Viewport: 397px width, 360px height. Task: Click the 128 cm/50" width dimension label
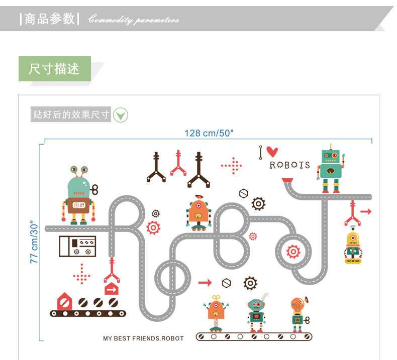pos(209,133)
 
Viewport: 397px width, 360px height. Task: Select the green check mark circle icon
pos(121,115)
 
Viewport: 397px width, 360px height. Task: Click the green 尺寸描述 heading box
pos(54,69)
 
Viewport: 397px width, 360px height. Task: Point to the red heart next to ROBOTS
pos(272,151)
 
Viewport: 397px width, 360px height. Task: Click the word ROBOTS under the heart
pos(289,165)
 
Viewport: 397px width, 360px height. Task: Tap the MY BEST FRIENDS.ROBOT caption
pos(143,338)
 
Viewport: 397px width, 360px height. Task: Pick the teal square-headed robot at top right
pos(331,168)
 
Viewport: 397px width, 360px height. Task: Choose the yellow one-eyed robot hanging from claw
pos(353,246)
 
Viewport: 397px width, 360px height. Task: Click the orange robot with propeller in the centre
pos(198,213)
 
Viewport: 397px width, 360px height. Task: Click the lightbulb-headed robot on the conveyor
pos(297,313)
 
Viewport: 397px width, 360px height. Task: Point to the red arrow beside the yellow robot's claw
pos(366,212)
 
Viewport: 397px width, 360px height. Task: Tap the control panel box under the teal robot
pos(77,247)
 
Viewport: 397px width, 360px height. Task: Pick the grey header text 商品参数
pos(49,19)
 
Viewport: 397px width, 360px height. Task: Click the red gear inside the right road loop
pos(293,251)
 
